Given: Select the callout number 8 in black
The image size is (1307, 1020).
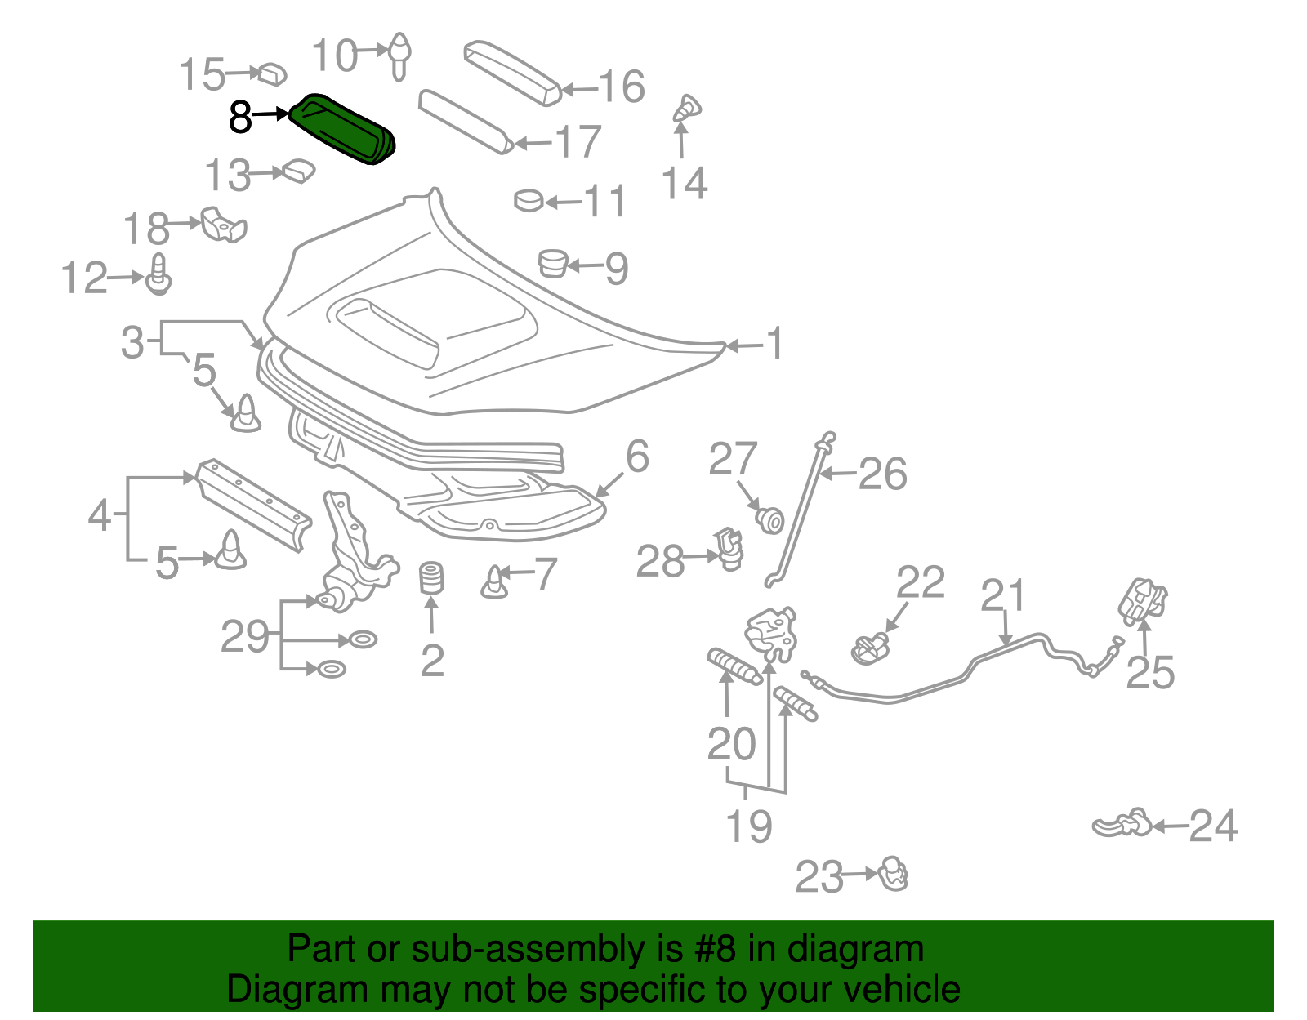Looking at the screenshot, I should click(239, 117).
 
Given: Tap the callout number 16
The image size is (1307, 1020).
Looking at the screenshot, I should click(622, 87).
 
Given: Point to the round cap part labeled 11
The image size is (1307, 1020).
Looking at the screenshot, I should click(529, 199).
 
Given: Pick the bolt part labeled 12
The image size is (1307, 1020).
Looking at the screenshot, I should click(159, 275).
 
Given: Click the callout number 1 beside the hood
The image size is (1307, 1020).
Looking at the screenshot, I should click(774, 344).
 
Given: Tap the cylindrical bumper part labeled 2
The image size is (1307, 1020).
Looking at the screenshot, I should click(430, 578).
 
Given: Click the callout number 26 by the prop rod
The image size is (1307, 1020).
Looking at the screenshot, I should click(882, 474).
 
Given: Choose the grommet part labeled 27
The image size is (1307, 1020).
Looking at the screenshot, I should click(770, 519).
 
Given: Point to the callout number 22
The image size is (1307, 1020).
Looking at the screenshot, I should click(920, 583).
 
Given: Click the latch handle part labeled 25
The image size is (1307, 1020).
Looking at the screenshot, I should click(1142, 602).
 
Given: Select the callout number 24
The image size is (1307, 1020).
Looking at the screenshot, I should click(1213, 826).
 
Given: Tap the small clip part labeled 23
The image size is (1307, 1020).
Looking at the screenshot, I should click(894, 874).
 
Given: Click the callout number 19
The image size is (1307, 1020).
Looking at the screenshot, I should click(749, 826).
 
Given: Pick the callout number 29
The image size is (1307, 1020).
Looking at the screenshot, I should click(244, 636).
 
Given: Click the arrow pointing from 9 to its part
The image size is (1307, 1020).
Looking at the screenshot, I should click(585, 266).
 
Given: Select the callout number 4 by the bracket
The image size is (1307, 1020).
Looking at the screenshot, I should click(100, 516).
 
